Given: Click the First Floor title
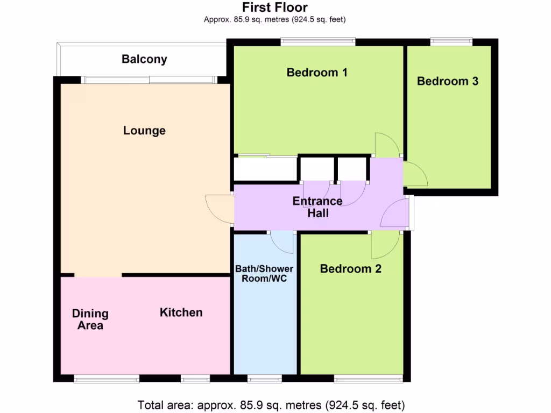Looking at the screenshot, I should [x=274, y=8].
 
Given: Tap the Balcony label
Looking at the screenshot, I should [x=144, y=59].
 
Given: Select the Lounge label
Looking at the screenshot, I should [x=144, y=131].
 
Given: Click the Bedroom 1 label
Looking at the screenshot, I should [x=316, y=72].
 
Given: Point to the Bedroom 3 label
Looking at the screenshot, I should [x=448, y=81].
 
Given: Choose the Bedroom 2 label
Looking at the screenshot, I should [x=350, y=269].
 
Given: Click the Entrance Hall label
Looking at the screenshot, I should [x=317, y=207].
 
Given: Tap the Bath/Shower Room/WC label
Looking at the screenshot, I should [x=264, y=274].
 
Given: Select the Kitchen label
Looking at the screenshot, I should [x=181, y=312].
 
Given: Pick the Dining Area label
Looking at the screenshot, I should [x=90, y=319].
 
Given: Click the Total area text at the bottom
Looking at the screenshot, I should [x=271, y=404].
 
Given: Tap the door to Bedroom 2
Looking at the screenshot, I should [x=385, y=245].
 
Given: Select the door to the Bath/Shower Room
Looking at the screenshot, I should [x=282, y=241].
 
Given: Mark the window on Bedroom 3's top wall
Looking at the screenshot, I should [x=451, y=40].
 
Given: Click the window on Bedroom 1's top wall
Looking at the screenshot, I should [x=317, y=40].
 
